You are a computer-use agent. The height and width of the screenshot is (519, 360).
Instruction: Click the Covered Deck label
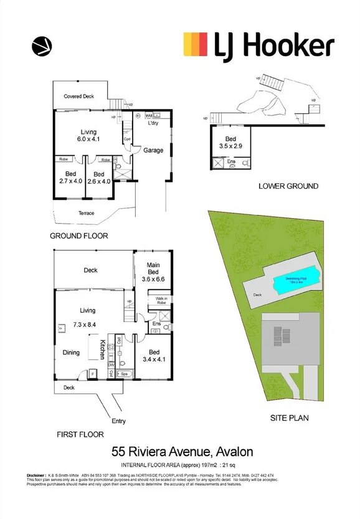(x=79, y=97)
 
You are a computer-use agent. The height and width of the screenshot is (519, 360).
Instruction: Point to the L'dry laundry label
(x=153, y=124)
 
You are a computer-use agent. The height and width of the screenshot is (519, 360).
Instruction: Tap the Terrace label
(x=86, y=213)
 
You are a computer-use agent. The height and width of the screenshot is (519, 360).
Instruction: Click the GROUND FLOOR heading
(x=79, y=236)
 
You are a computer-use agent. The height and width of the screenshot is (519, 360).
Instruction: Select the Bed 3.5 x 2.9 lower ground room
(x=230, y=141)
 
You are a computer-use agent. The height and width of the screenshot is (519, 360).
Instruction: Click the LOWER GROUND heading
(x=288, y=186)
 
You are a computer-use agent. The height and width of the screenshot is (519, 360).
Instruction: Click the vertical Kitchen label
(x=103, y=349)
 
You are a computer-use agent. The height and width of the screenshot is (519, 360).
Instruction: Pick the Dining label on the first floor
(x=71, y=353)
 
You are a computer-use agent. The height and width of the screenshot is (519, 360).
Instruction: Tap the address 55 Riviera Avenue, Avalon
(x=182, y=450)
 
